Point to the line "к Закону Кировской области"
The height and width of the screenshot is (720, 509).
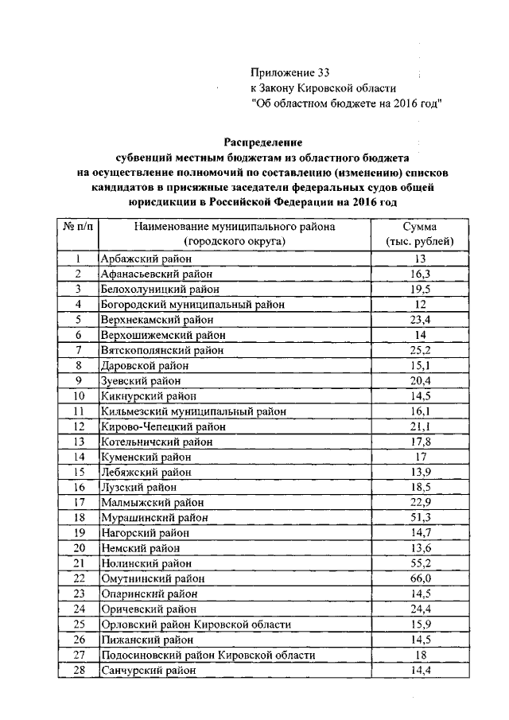323,88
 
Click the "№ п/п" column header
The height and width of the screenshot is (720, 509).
78,227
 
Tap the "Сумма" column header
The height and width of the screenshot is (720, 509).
421,227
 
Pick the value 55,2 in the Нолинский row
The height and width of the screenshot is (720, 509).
421,563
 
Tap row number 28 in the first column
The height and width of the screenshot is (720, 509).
79,670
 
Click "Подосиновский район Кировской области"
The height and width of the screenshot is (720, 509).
208,655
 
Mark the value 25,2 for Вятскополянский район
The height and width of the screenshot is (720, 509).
421,350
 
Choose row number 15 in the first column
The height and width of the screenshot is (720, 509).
79,472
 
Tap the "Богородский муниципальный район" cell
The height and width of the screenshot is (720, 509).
192,304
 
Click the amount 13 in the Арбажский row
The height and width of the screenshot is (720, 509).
421,259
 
